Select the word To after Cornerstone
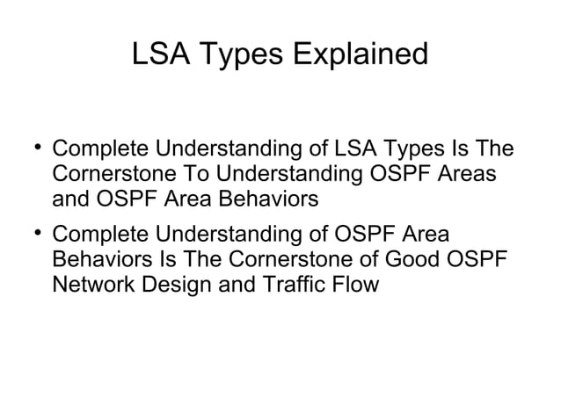pos(195,175)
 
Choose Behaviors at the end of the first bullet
pos(266,199)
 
